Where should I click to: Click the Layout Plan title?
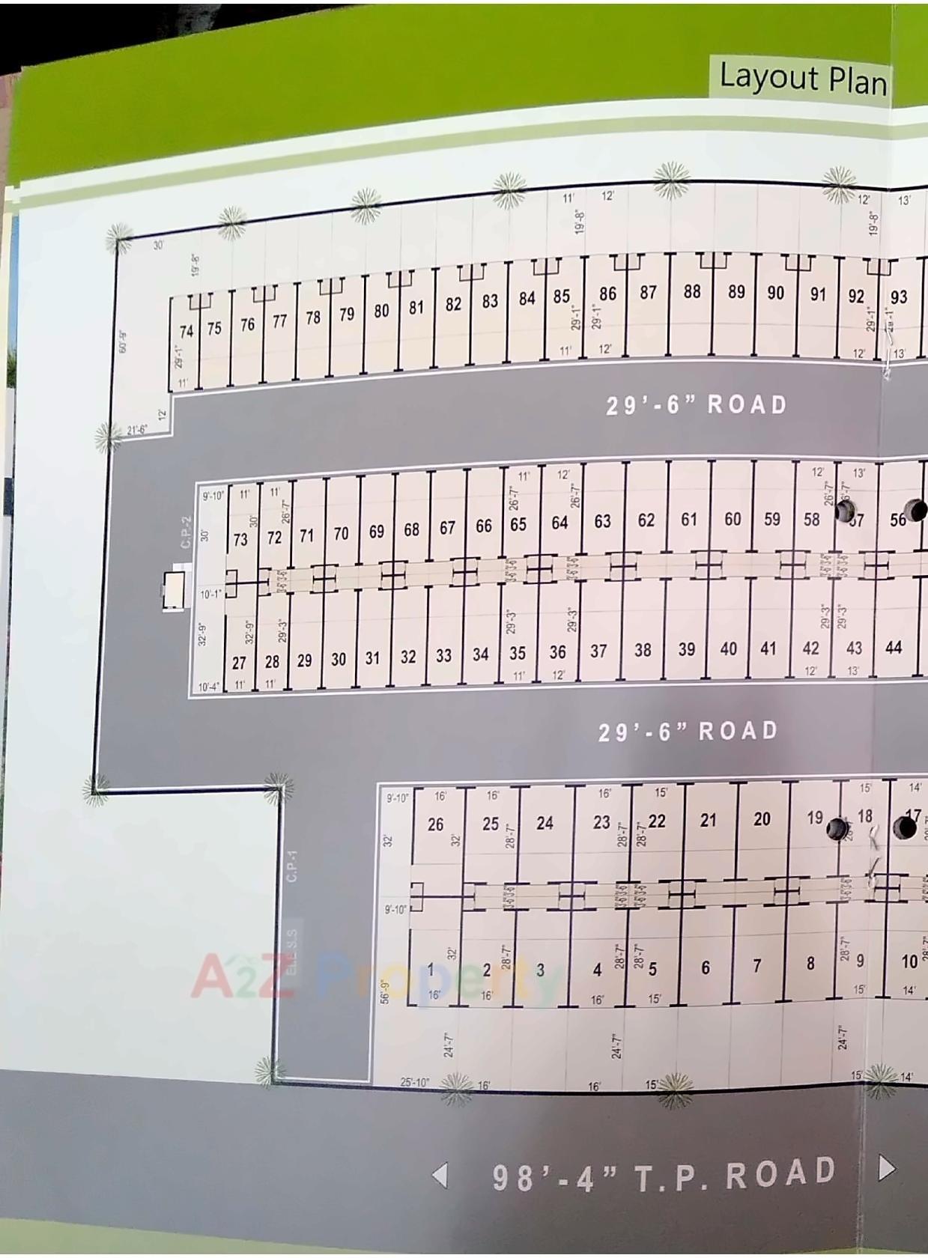point(802,77)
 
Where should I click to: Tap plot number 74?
point(186,330)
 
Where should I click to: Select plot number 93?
point(899,297)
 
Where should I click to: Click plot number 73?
point(240,539)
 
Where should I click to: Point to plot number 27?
point(239,663)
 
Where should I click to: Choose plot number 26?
point(436,824)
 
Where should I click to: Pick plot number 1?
point(431,969)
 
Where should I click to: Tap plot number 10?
point(909,961)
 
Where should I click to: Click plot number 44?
point(893,647)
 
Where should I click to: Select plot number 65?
point(518,524)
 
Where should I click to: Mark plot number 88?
point(692,291)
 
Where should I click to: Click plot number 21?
point(708,820)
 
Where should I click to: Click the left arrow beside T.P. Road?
point(441,1175)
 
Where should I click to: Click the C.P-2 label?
point(187,531)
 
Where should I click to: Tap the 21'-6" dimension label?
point(137,430)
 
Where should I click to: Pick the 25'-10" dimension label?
point(414,1082)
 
